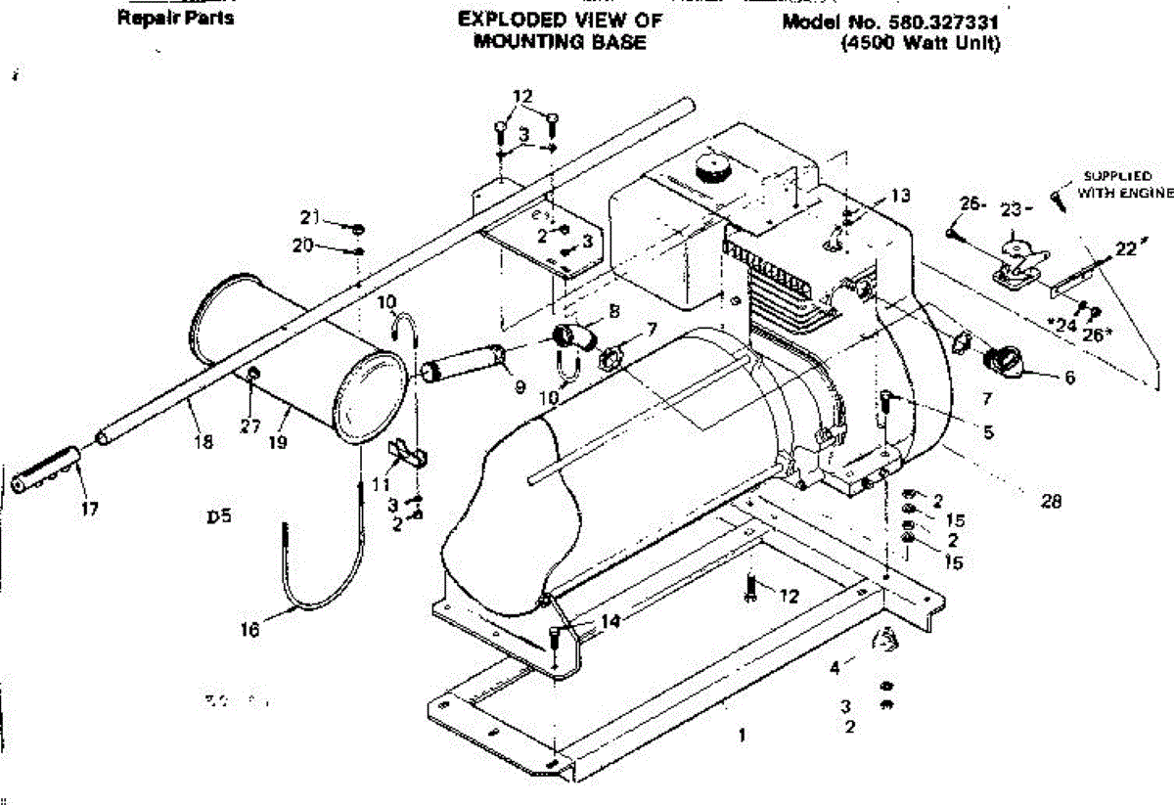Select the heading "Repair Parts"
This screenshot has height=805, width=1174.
pyautogui.click(x=176, y=19)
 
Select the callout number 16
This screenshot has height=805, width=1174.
pyautogui.click(x=250, y=631)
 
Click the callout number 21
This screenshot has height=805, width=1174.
pyautogui.click(x=308, y=217)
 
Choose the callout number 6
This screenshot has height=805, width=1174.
pyautogui.click(x=1067, y=377)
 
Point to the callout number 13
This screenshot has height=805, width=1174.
pyautogui.click(x=900, y=196)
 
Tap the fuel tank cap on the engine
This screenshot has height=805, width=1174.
pyautogui.click(x=712, y=167)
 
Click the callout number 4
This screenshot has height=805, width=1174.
pyautogui.click(x=835, y=669)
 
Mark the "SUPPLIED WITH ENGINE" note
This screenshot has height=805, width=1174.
pyautogui.click(x=1123, y=184)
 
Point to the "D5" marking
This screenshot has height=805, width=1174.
pyautogui.click(x=218, y=517)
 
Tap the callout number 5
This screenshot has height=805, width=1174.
pyautogui.click(x=989, y=429)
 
